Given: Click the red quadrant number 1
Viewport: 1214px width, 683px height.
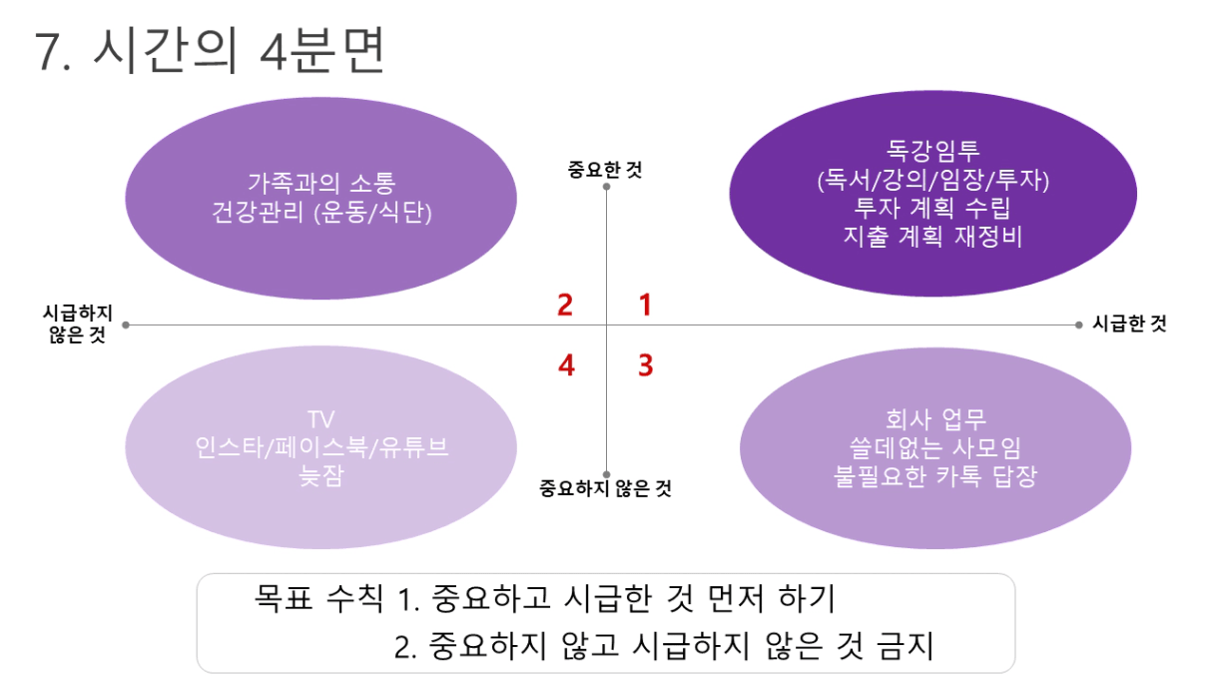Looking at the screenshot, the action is [645, 305].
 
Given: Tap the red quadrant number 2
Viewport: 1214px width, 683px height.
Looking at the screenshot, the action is [565, 305].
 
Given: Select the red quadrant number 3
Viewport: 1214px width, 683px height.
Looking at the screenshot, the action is [646, 365].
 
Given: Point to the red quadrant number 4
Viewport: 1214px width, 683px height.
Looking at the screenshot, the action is [566, 365].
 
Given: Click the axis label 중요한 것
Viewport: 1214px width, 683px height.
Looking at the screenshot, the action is [605, 170].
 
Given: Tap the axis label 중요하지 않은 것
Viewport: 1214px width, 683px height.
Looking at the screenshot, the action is [605, 488].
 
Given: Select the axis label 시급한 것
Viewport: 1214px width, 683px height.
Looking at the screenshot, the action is [1129, 324].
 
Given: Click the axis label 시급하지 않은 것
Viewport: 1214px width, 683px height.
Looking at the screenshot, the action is [78, 324].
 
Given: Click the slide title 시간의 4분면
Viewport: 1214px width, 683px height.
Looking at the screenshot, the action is [210, 50].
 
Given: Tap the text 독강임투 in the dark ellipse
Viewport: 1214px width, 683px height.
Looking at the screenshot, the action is [932, 150].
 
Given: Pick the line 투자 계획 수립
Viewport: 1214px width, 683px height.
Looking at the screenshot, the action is [932, 208].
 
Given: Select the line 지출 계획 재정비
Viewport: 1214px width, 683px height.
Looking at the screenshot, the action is [932, 237].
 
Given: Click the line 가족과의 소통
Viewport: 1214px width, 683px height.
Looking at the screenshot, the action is [321, 183].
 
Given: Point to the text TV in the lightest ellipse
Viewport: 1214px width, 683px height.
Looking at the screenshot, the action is [320, 419].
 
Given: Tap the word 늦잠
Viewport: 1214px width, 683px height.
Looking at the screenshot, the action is [320, 476].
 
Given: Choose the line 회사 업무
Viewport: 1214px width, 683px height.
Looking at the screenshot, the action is [935, 419].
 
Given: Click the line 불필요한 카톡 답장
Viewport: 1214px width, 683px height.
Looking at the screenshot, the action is [935, 476].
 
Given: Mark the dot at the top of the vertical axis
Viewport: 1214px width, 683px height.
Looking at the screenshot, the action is [606, 187].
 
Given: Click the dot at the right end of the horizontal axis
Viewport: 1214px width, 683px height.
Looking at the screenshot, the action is [1078, 325].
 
